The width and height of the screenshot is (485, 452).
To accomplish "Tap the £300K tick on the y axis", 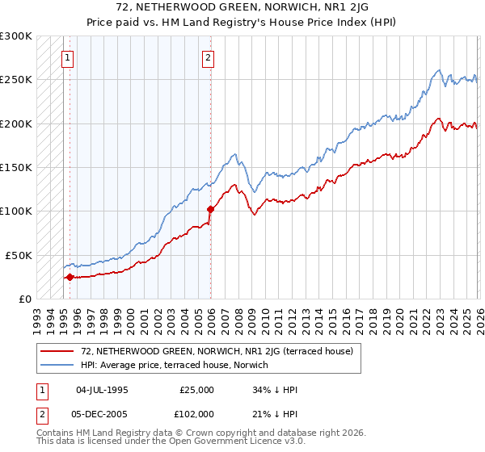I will point(16,36).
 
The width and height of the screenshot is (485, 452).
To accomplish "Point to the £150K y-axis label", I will point(16,167).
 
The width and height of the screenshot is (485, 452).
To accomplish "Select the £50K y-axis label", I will point(19,255).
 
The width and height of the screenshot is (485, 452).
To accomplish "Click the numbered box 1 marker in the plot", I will point(67,57).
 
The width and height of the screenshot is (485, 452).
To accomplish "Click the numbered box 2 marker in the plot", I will point(209,57).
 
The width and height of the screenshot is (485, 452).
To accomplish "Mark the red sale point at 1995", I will point(70,277).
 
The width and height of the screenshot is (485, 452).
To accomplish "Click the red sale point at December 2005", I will point(210,209).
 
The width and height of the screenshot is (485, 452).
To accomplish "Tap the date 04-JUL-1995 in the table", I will point(101,389).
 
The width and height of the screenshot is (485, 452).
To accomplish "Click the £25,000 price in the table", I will point(197,389).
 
